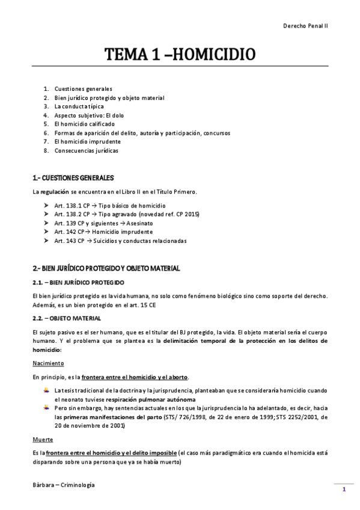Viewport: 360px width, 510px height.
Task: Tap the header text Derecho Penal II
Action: click(x=305, y=26)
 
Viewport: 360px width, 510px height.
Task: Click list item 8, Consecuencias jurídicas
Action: click(x=86, y=151)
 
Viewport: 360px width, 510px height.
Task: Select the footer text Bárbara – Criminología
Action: click(x=64, y=485)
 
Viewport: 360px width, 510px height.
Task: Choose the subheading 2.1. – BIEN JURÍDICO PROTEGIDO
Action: click(x=78, y=282)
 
